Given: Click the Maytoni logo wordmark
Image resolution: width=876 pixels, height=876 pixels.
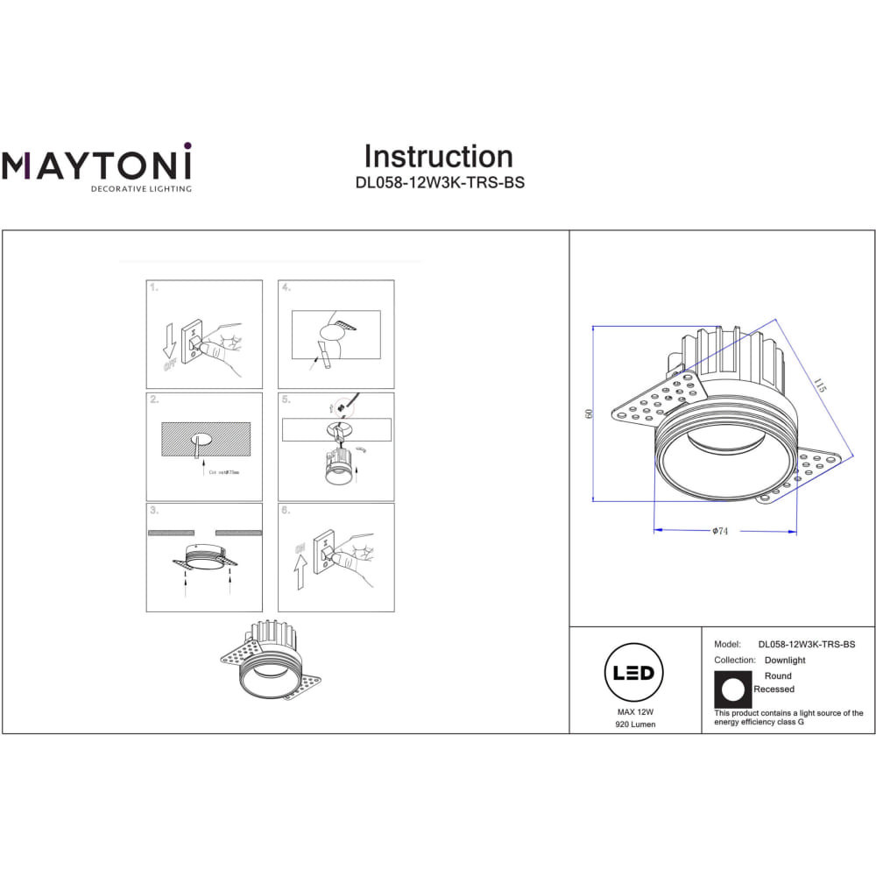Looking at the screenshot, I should pos(95,165).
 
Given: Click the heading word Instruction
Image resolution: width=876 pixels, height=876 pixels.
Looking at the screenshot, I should pos(438,157).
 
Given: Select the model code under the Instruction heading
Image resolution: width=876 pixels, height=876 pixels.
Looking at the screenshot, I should pos(438,185).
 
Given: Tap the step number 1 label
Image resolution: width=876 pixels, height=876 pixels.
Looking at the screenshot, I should pos(154,287).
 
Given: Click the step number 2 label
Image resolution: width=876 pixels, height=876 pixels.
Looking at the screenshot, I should pos(154,399).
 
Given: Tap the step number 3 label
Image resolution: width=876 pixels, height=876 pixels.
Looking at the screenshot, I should pos(154,510).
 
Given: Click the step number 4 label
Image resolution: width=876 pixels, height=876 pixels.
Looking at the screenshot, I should pos(286,287).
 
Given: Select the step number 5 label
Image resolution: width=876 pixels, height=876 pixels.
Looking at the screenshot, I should pos(286,399).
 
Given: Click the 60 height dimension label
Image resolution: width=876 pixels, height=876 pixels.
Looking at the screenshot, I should pos(590,413).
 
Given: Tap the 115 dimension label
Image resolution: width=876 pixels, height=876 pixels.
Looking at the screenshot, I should pos(820,385).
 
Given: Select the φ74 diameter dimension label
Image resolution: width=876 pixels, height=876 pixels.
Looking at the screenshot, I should pos(721,532).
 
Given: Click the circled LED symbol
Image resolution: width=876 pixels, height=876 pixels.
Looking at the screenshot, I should pos(634,673).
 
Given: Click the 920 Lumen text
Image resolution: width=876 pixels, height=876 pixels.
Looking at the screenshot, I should pos(634,724).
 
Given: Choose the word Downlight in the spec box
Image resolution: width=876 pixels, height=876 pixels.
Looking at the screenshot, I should pos(784,661).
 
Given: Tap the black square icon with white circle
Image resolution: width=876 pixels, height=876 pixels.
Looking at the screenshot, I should pos(734,689).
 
